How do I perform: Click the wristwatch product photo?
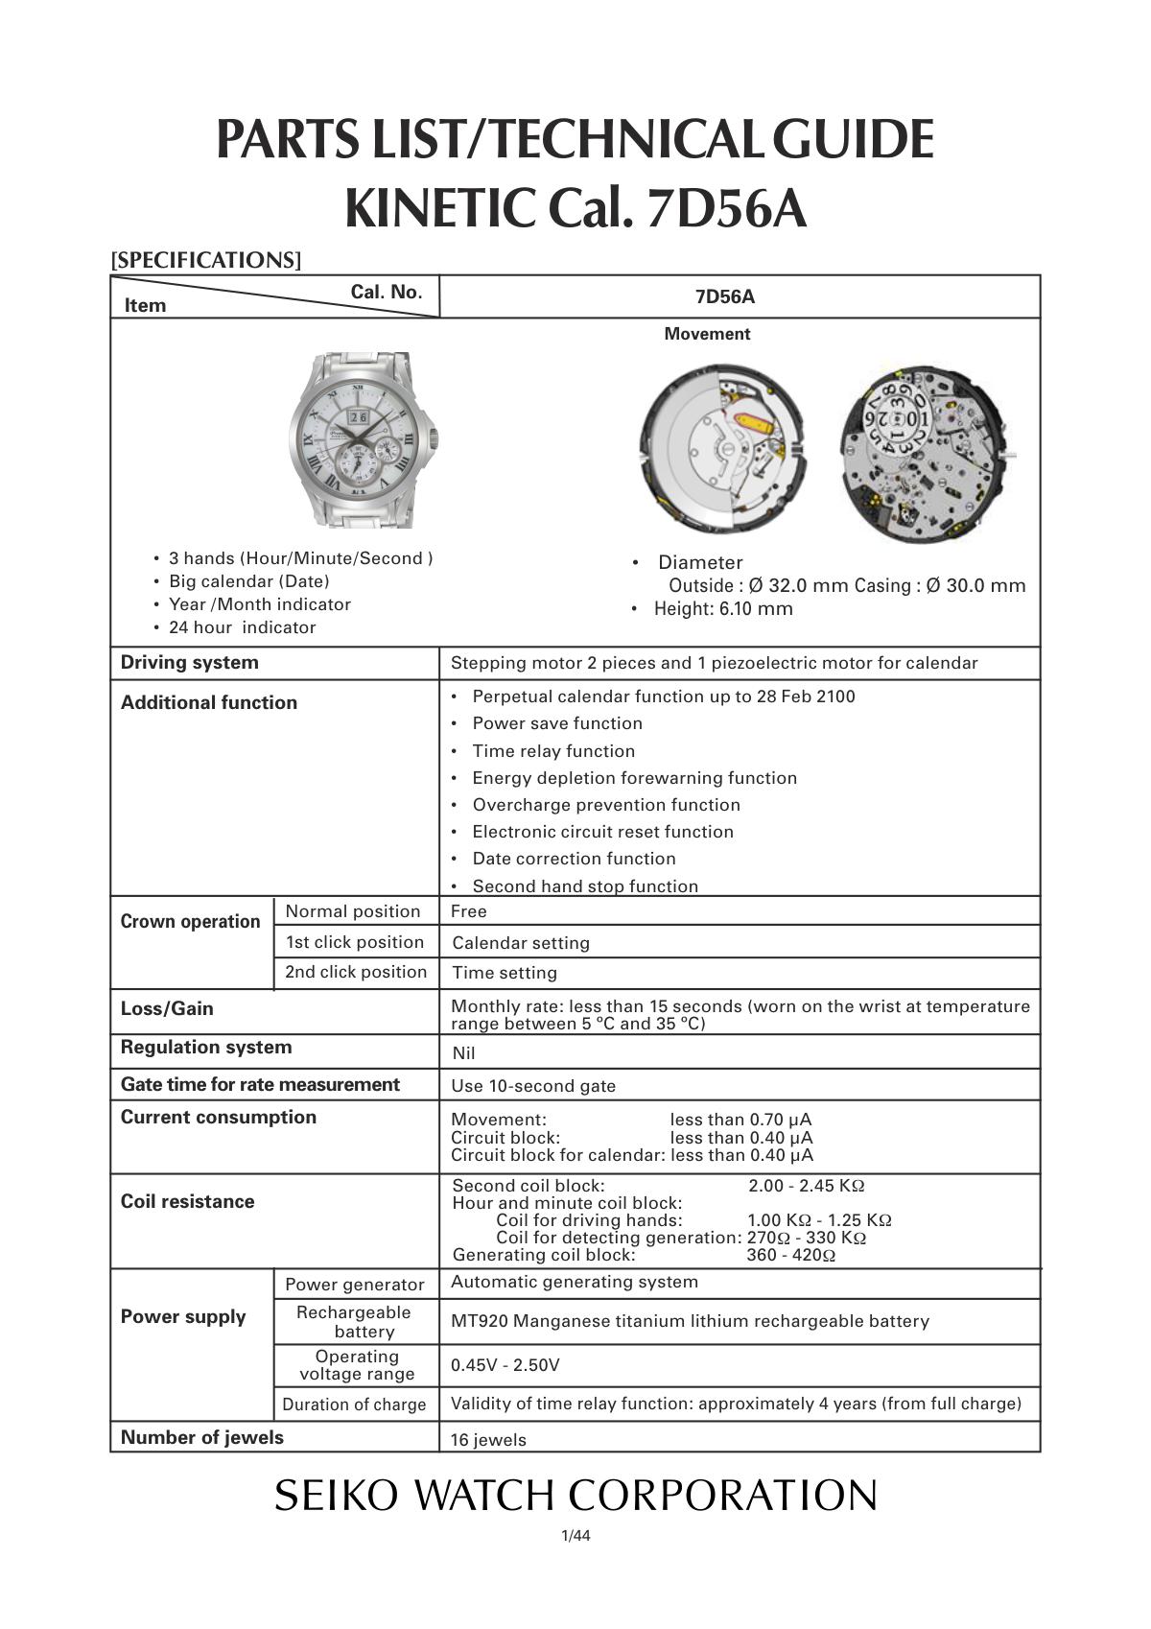click(x=364, y=439)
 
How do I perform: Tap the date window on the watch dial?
click(x=357, y=417)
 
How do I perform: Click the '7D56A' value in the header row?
click(x=724, y=296)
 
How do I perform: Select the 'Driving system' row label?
click(x=190, y=663)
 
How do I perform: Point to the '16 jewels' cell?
click(x=488, y=1439)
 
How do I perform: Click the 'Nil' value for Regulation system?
click(x=463, y=1053)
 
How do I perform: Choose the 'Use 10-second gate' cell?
click(x=533, y=1086)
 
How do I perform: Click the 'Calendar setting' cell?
click(x=521, y=943)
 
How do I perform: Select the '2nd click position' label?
click(x=356, y=972)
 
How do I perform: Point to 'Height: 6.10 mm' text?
click(x=723, y=608)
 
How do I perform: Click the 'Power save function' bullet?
click(x=557, y=723)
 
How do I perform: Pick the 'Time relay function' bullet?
click(x=553, y=751)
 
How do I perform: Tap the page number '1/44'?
click(x=575, y=1536)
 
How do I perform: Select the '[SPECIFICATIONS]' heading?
click(x=206, y=260)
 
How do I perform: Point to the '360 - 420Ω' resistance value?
click(x=790, y=1255)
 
